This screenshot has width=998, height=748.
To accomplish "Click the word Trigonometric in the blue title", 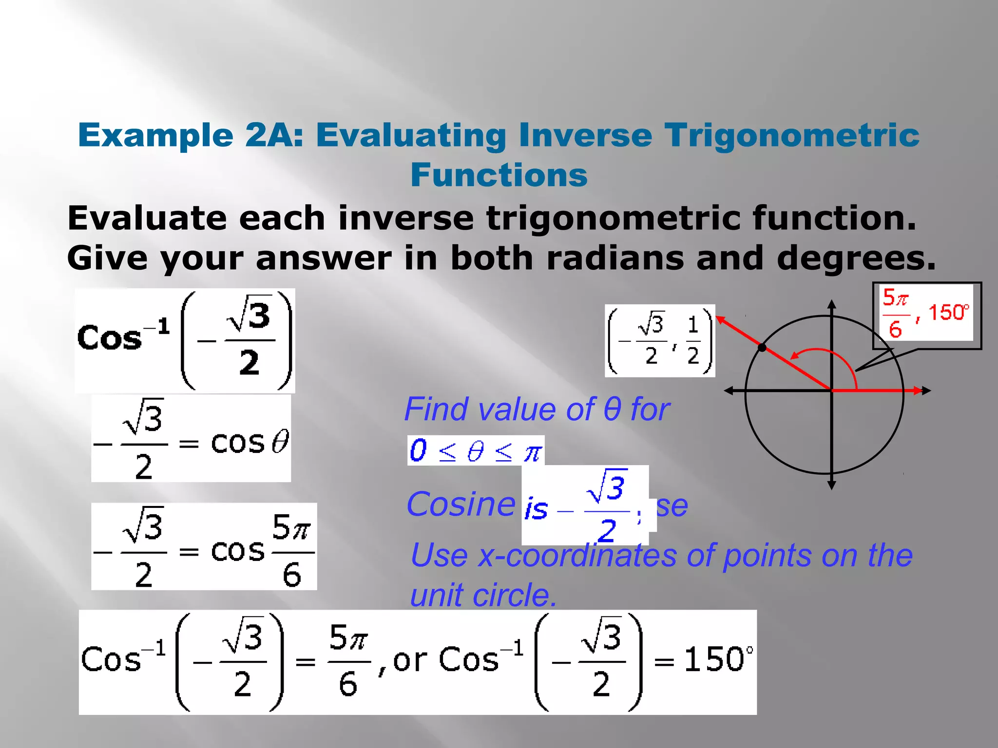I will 792,135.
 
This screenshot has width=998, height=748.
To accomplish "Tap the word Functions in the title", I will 499,175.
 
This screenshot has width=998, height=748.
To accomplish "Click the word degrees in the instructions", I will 855,258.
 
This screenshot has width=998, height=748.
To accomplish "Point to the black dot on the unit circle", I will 762,347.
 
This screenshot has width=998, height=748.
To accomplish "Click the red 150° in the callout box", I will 948,313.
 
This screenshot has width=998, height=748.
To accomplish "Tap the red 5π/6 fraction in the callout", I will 895,313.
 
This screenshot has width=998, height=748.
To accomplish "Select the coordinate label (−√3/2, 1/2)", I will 660,340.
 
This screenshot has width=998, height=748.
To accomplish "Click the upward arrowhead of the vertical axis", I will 832,304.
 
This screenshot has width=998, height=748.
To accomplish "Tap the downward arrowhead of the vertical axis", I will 832,485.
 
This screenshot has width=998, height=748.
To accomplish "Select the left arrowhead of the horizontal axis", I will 729,391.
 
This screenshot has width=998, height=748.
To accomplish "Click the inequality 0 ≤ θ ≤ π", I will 476,450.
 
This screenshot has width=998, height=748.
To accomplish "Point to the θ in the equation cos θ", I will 280,442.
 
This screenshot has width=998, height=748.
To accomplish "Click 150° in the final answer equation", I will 718,660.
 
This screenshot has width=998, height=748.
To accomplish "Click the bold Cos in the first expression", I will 109,338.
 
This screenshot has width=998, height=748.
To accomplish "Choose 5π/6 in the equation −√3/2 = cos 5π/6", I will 292,551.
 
